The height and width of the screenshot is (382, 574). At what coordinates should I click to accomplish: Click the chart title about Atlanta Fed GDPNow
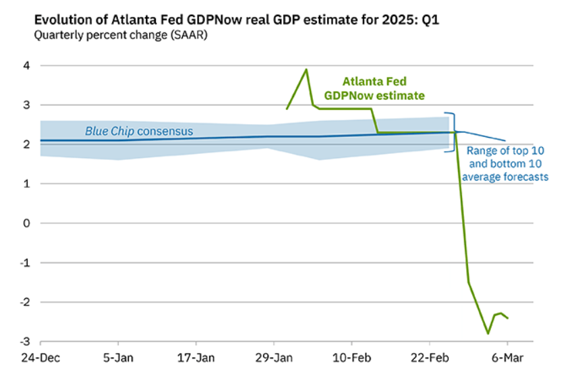tap(237, 20)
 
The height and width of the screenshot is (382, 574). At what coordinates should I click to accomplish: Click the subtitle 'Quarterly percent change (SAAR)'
tap(121, 35)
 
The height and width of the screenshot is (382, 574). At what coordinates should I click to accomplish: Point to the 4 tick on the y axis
tap(26, 65)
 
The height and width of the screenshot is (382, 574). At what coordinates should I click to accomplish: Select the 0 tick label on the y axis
tap(26, 223)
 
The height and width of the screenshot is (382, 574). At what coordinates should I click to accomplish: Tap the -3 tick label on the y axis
tap(25, 342)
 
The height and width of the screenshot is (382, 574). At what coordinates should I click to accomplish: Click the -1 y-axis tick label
tap(25, 263)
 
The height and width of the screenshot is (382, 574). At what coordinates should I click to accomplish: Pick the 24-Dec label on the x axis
tap(40, 358)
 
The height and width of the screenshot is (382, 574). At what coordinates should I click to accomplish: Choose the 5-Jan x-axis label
tap(118, 358)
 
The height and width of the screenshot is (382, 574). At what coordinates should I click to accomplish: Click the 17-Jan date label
tap(196, 358)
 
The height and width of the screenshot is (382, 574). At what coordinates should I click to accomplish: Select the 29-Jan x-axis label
tap(274, 358)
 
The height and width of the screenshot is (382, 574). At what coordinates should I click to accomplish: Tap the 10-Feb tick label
tap(352, 358)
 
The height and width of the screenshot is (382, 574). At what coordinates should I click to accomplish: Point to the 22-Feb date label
tap(430, 358)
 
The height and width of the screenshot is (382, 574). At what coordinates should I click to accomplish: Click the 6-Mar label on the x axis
tap(507, 358)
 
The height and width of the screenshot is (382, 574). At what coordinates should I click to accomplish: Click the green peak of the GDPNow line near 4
tap(306, 70)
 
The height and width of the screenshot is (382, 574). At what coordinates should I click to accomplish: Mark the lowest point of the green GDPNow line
tap(488, 333)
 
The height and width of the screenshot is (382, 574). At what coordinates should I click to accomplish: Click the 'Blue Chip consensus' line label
tap(139, 131)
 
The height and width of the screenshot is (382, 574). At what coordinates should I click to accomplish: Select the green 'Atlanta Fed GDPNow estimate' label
tap(374, 88)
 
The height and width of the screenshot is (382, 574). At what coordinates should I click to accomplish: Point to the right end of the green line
tap(508, 319)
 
